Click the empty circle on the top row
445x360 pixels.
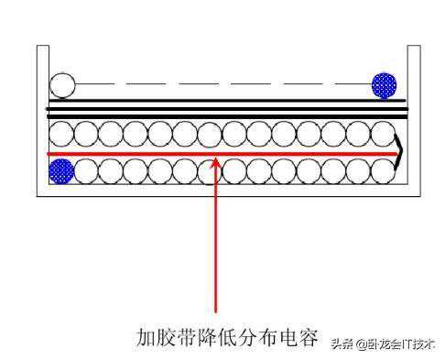[x=61, y=86]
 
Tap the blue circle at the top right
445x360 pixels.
[x=384, y=86]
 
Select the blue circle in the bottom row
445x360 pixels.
[x=61, y=169]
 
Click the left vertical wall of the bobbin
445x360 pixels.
[x=39, y=119]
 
